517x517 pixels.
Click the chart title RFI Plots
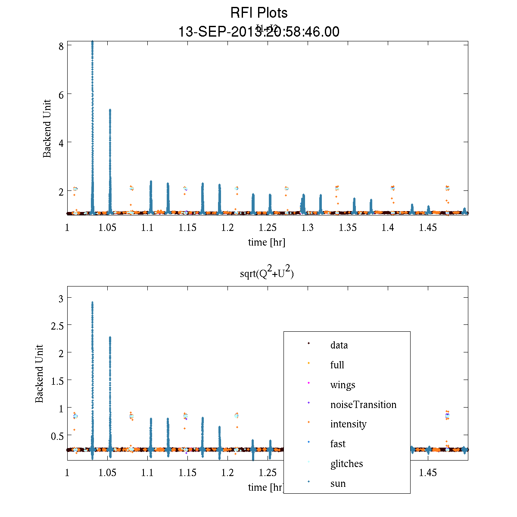(x=259, y=13)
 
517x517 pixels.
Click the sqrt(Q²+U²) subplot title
(x=267, y=274)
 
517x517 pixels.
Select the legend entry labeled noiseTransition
(x=363, y=405)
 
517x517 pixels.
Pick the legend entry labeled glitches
(x=346, y=464)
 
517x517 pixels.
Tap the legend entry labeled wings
(x=343, y=385)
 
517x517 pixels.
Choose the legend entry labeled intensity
(x=348, y=424)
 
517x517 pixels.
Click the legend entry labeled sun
(x=338, y=483)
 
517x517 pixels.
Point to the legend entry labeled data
(x=339, y=345)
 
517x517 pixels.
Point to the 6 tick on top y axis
(x=61, y=94)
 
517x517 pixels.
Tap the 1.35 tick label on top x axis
(x=348, y=228)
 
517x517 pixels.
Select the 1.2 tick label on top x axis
(x=227, y=228)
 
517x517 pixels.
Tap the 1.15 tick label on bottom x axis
(x=187, y=473)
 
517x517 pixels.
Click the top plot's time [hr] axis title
(x=266, y=242)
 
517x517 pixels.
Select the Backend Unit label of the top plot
(x=47, y=129)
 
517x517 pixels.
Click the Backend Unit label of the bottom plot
(x=40, y=374)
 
